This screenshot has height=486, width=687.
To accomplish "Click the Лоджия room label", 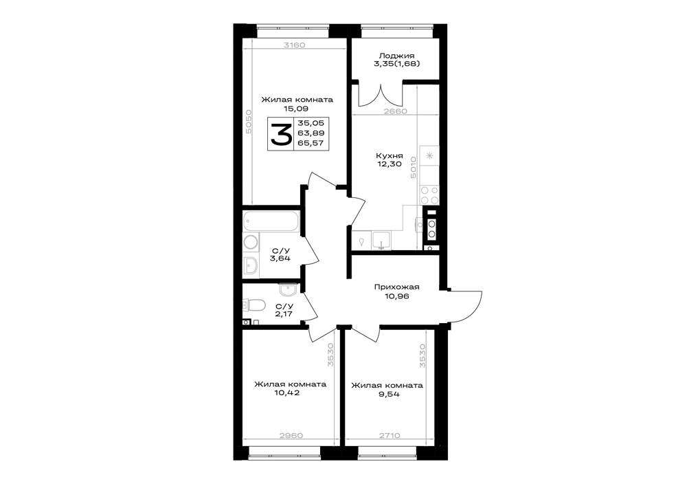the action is [x=396, y=56].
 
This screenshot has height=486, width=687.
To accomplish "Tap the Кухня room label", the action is [x=389, y=155].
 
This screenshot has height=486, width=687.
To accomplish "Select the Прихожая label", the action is [x=396, y=287].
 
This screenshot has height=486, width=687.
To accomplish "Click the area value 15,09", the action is [x=296, y=108].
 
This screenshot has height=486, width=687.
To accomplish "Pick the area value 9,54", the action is [x=387, y=394].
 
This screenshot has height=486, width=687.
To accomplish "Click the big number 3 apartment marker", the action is [x=281, y=134].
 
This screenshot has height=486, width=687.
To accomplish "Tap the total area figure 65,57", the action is [x=311, y=143].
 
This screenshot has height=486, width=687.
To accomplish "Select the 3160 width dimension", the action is [x=294, y=45].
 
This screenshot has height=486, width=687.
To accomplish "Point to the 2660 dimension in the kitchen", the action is [x=395, y=111].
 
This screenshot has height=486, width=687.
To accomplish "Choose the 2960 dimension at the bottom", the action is [x=291, y=436].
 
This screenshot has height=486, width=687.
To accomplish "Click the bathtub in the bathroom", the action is [x=271, y=221].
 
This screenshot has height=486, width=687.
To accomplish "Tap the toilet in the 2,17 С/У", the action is [x=254, y=305].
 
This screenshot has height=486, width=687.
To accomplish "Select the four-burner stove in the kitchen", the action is [x=429, y=195].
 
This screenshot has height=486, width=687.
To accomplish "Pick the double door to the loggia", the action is [x=381, y=94].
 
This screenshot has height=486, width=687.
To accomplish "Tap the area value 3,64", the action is [x=280, y=258].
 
